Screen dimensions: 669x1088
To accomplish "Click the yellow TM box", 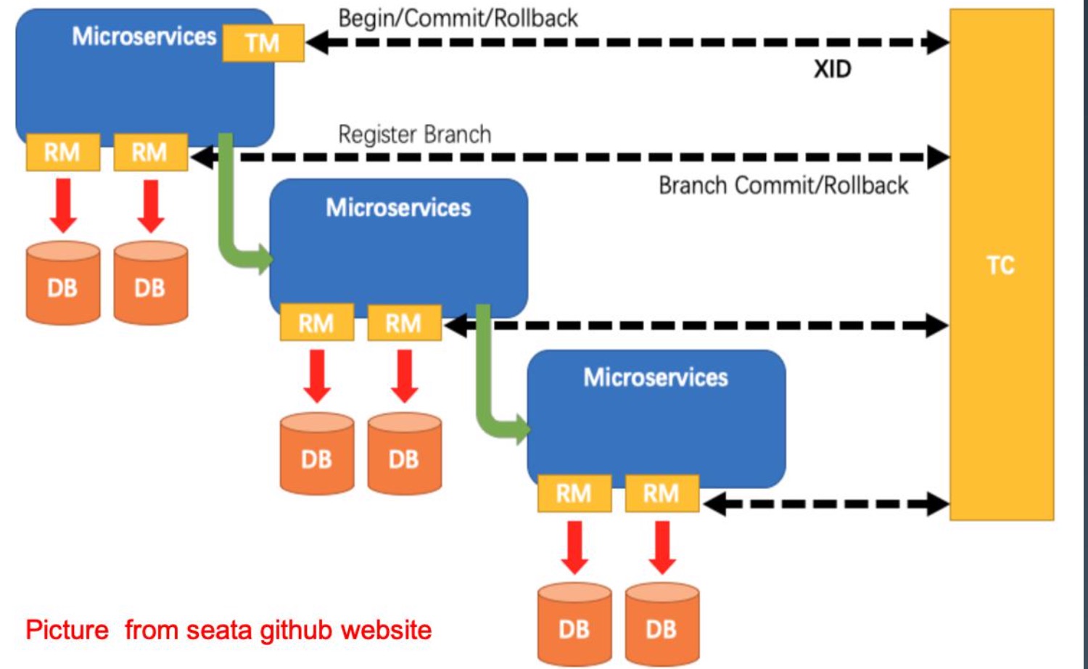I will point(263,43).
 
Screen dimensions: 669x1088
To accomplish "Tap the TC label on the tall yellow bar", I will point(1000,265).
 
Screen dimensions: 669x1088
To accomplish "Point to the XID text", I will point(832,70).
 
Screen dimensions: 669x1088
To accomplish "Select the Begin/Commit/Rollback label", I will point(458,18).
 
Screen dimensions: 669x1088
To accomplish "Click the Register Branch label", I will point(414,135).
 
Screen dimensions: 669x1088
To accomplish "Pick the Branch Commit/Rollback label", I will point(783,186).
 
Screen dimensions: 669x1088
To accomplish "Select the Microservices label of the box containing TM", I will point(144,36).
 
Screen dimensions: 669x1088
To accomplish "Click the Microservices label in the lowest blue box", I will point(656,377).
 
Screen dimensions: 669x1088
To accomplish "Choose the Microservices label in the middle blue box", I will point(398,208).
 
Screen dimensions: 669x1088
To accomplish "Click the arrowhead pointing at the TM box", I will point(316,42).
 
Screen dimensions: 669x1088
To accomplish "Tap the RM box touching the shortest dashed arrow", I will point(661,493).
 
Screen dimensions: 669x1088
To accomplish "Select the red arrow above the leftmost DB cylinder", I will point(64,206).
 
